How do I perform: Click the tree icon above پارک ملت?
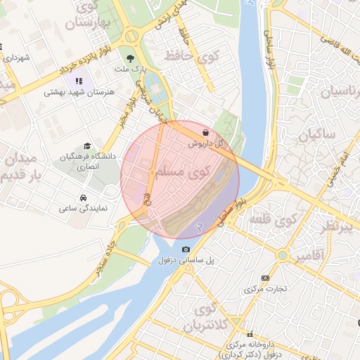129,58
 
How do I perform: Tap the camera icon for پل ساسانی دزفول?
186,249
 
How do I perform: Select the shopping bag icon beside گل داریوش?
205,132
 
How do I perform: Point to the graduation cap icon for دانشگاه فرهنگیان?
86,146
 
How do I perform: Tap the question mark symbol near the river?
200,227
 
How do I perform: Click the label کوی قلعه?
270,220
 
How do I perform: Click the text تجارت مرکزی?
263,289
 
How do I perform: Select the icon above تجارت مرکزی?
264,278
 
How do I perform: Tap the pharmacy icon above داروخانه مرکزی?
248,334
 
